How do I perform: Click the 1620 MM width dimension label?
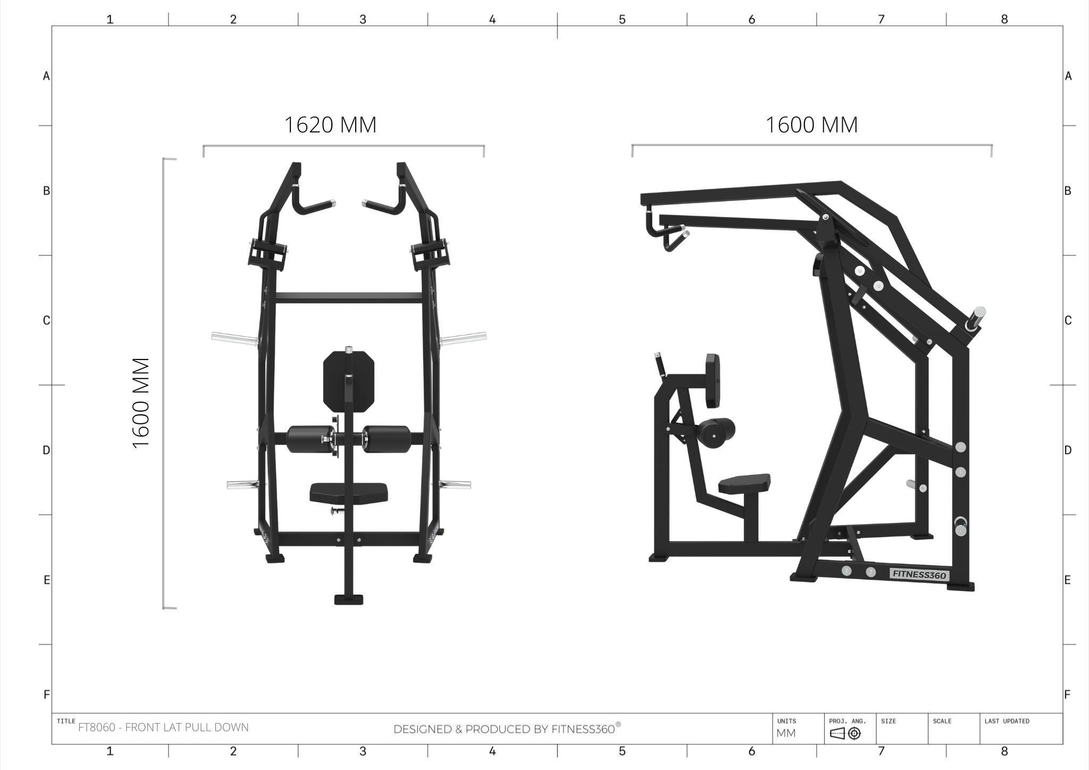tap(330, 125)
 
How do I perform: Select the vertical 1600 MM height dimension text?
tap(141, 403)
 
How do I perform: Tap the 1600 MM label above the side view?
tap(811, 125)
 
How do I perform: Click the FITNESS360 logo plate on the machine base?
tap(919, 575)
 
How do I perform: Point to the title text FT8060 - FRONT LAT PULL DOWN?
tap(163, 727)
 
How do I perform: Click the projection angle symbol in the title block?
tap(845, 733)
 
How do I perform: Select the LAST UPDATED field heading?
tap(1007, 721)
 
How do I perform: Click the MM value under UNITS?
tap(786, 733)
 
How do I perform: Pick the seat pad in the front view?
tap(349, 493)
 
